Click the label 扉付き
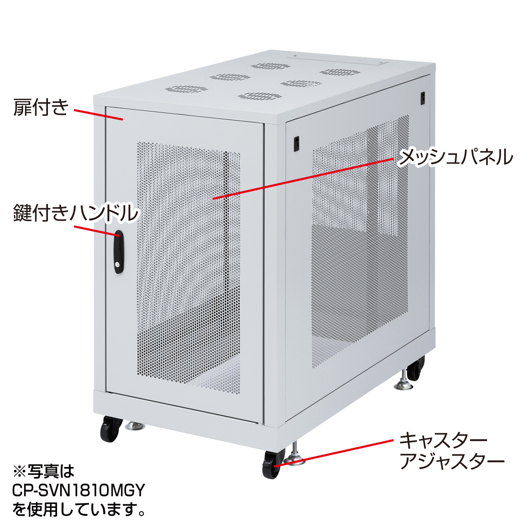coord(41,107)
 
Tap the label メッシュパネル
coord(455,157)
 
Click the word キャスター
coord(443,441)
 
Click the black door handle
coord(119,252)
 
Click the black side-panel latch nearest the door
coord(296,143)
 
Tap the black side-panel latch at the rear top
coord(423,98)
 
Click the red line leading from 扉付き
coord(98,114)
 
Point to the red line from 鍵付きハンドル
coord(97,231)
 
